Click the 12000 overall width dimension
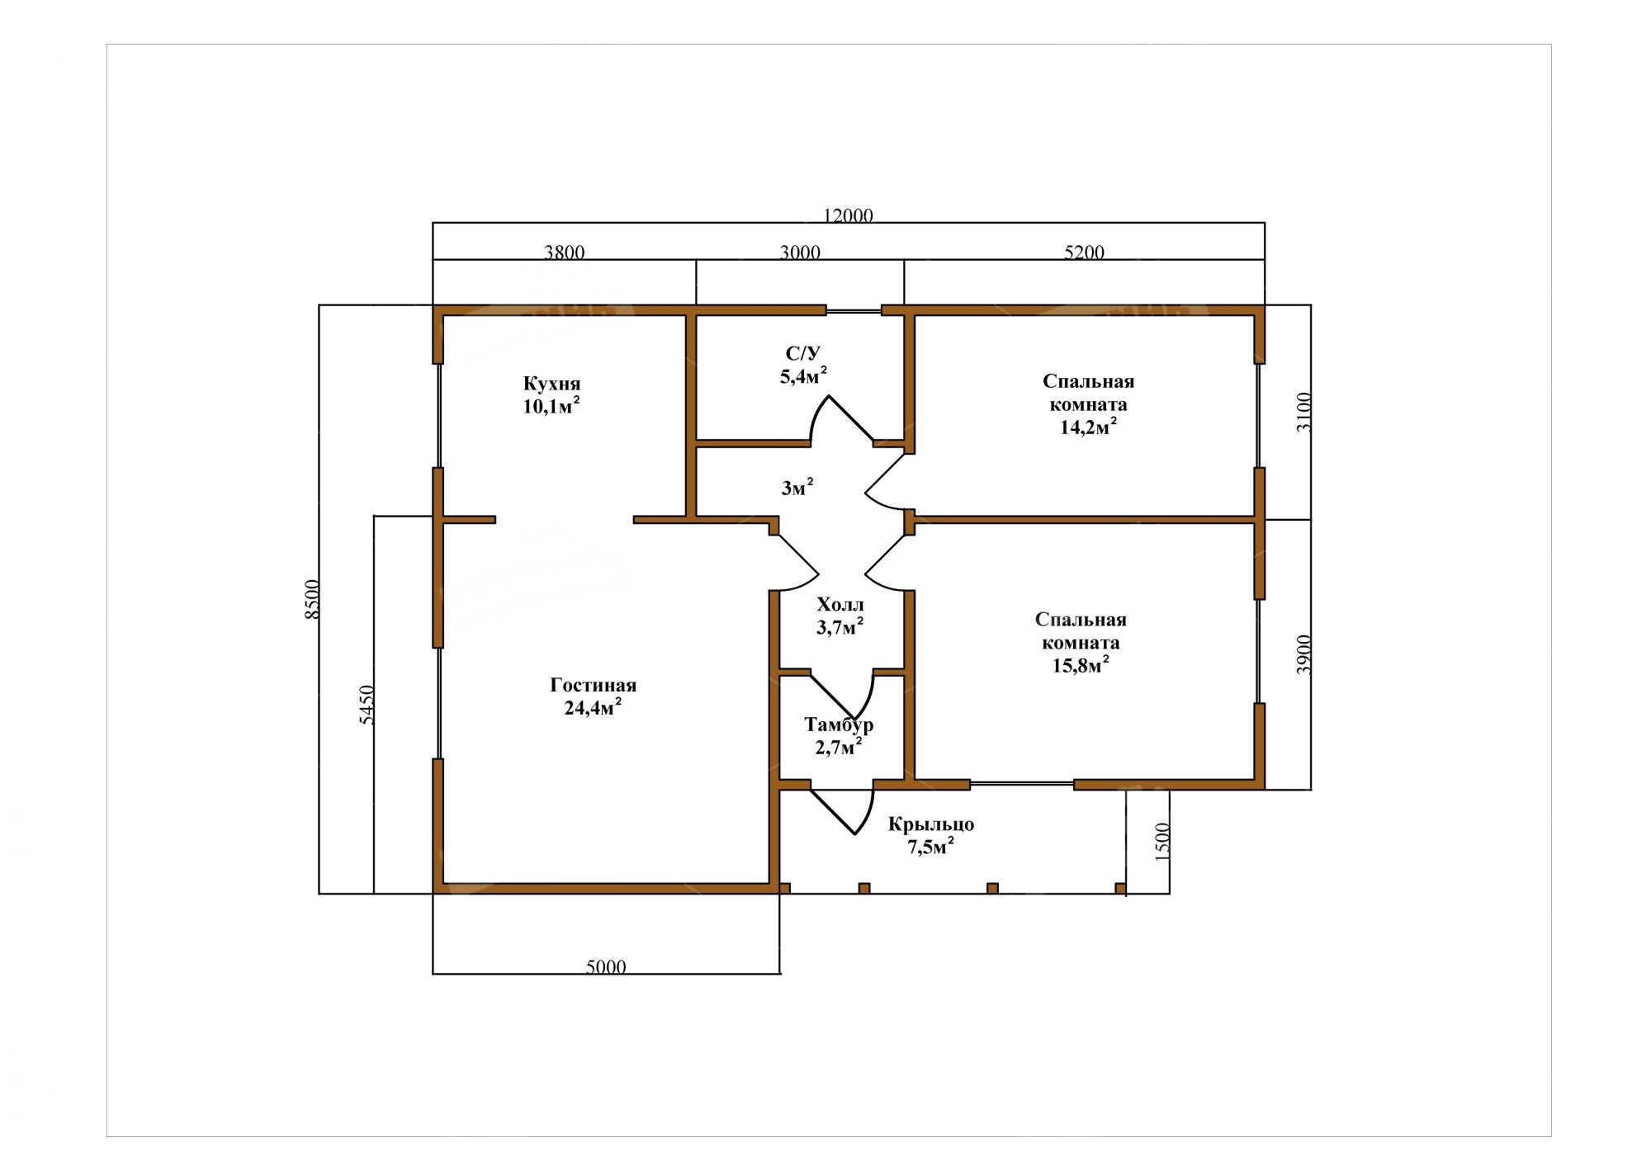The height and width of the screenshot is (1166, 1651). tap(848, 215)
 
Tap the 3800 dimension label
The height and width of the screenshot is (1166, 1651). tap(565, 253)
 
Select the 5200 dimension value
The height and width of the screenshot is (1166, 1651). tap(1084, 253)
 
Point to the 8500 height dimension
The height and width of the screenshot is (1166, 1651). tap(311, 599)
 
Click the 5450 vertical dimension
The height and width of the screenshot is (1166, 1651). tap(367, 706)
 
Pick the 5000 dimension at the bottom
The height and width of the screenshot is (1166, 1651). tap(606, 966)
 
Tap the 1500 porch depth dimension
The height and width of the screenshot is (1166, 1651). tap(1162, 842)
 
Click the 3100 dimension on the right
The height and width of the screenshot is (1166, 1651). tap(1303, 412)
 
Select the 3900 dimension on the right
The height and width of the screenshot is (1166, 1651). tap(1303, 654)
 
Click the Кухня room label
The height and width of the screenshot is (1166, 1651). tap(551, 384)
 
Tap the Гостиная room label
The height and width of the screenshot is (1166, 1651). tap(593, 685)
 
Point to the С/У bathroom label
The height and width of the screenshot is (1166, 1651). tap(802, 354)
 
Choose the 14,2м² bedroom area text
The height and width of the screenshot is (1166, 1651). tap(1089, 426)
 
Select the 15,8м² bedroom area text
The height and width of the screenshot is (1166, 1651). tap(1081, 664)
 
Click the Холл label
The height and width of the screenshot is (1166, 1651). tap(840, 604)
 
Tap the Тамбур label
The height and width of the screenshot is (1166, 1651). tap(839, 725)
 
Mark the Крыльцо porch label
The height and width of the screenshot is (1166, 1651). tap(931, 824)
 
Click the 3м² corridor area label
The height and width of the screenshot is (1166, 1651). tap(797, 487)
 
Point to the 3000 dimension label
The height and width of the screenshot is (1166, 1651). tap(800, 253)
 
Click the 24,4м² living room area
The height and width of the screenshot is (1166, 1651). tap(593, 706)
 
